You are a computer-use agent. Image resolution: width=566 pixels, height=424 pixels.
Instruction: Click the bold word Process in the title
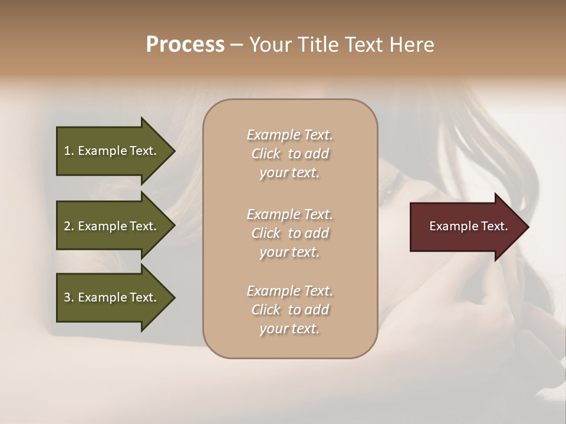coord(185,45)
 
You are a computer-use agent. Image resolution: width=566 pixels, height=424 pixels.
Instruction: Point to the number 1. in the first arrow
coord(69,151)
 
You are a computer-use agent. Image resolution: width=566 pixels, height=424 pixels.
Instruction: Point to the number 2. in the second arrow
coord(69,226)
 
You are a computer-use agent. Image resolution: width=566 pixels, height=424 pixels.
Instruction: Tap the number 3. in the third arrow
coord(69,297)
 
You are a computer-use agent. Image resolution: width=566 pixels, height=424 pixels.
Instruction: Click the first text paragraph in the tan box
coord(289,154)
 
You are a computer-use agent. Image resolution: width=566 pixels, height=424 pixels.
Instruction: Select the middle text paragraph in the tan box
coord(289,233)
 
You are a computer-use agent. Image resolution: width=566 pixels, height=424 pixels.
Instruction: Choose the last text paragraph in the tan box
coord(289,310)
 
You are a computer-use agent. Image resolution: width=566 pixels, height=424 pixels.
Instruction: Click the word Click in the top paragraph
coord(265,154)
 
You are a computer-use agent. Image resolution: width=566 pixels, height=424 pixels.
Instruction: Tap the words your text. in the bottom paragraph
coord(289,329)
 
